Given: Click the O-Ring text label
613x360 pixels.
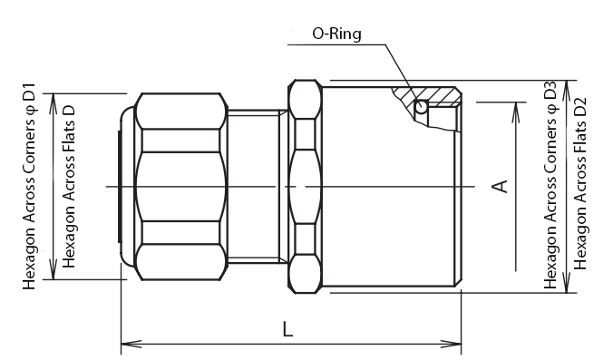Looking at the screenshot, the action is coord(336,34).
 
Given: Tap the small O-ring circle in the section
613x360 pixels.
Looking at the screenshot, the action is coord(421,106).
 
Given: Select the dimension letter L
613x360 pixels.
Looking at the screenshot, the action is coord(287,329).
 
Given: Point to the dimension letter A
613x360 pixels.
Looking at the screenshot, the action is coord(500,186).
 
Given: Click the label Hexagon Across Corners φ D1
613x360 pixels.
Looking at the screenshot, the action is coord(28,186).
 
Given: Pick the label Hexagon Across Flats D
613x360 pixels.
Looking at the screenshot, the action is coord(68,186).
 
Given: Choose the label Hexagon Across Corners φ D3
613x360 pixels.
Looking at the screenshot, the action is coord(550,185).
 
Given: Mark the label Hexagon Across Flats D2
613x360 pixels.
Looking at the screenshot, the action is coord(580,184).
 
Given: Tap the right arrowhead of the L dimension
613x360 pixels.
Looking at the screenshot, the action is coord(452,345).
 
